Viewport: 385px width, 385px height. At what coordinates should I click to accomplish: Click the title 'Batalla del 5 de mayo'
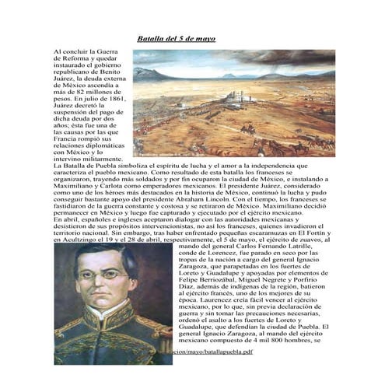pyautogui.click(x=176, y=38)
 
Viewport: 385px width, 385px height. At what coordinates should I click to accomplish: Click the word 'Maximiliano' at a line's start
pyautogui.click(x=72, y=187)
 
